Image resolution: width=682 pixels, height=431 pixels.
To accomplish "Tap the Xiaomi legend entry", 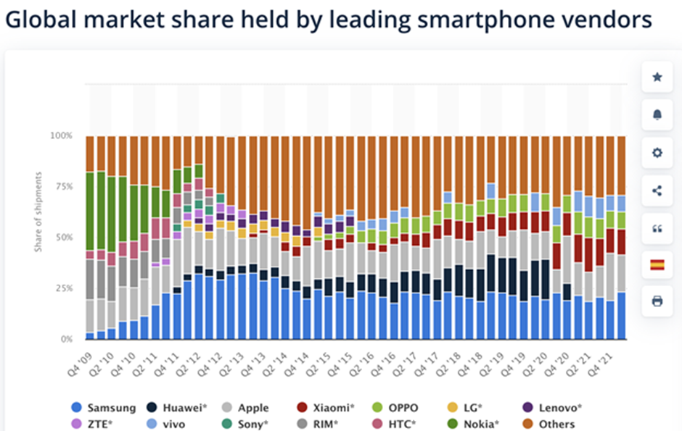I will click(326, 408).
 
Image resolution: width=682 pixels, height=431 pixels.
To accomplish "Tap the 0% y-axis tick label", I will click(65, 339).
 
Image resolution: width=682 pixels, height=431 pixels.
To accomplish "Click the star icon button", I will click(657, 77).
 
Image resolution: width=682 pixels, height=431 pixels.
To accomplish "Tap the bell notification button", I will click(657, 115).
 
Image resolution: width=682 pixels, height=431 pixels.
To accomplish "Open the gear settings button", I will click(657, 153).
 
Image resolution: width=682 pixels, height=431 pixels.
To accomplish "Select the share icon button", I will click(657, 191).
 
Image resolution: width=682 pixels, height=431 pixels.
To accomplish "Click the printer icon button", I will click(657, 301).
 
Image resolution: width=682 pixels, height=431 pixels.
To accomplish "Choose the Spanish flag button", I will click(657, 265).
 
